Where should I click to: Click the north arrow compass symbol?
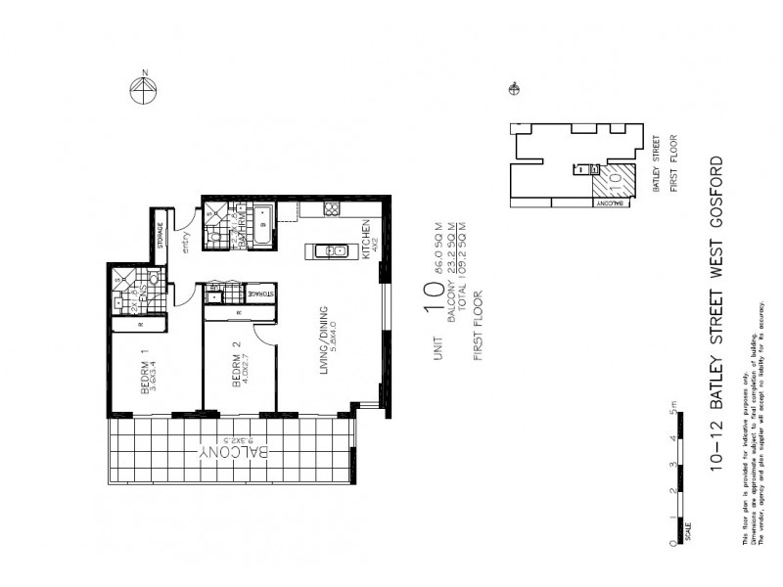click(x=144, y=91)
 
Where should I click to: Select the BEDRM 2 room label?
click(x=235, y=369)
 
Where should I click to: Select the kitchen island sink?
click(x=333, y=251)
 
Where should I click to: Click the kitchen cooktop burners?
click(x=332, y=208)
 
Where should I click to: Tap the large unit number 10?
click(x=434, y=296)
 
